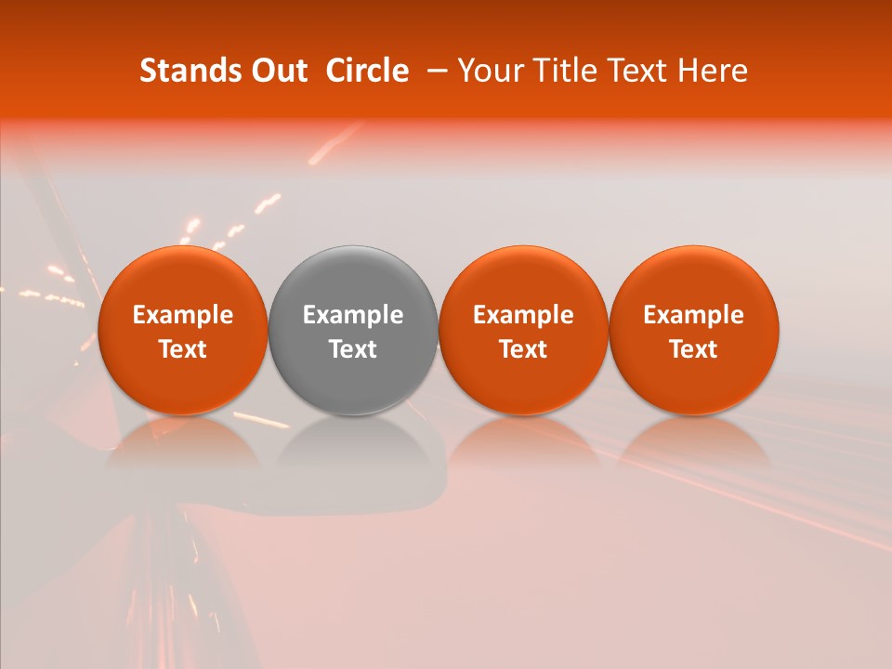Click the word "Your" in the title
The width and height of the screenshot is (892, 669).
coord(489,71)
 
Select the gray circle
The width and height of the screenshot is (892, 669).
coord(353,279)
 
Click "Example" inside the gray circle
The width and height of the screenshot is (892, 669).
coord(353,315)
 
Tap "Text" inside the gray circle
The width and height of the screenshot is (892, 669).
coord(353,349)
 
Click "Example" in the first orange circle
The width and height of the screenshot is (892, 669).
coord(183,315)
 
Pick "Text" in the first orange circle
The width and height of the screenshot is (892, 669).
coord(183,349)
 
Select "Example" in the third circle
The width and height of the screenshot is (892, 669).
coord(523,315)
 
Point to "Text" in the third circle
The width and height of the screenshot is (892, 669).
coord(523,349)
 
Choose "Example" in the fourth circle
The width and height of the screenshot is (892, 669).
coord(694,315)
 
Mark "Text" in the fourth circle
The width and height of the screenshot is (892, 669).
coord(694,349)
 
